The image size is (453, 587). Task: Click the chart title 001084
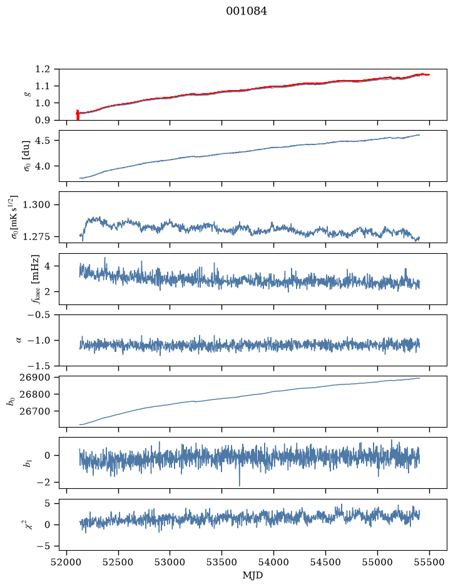pos(247,11)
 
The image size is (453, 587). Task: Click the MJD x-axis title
pos(253,575)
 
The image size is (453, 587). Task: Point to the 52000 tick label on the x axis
pos(67,562)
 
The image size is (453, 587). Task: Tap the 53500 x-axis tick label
pos(222,562)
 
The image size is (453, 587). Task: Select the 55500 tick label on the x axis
pos(429,562)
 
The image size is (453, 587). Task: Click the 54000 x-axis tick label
pos(273,562)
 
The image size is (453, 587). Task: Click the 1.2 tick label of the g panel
pos(43,69)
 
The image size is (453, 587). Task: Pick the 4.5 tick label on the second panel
pos(43,141)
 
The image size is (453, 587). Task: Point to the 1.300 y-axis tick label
pos(36,205)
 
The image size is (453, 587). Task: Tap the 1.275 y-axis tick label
pos(36,236)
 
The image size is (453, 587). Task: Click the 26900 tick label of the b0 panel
pos(34,378)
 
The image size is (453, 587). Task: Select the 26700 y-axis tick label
pos(34,411)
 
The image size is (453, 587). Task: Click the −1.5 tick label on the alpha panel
pos(39,366)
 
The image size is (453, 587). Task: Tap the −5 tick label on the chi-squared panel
pos(43,546)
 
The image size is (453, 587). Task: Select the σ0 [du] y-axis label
pos(27,156)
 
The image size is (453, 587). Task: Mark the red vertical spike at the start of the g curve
pos(78,114)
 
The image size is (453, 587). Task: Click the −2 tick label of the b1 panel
pos(43,483)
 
